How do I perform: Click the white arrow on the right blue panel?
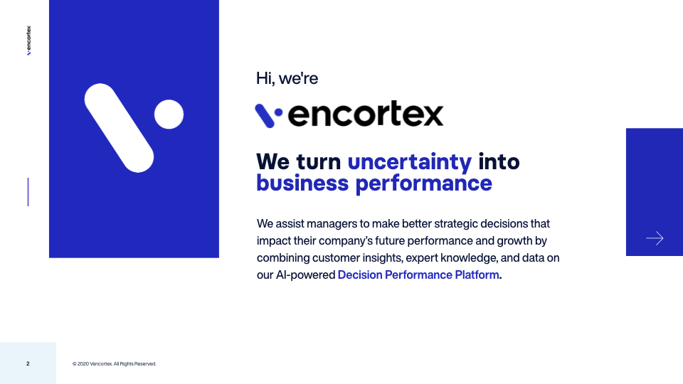tap(655, 238)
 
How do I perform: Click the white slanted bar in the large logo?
tap(119, 128)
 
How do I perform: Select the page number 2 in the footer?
tap(28, 364)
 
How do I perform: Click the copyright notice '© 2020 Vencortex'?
tap(114, 364)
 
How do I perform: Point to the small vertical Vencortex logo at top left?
tap(28, 41)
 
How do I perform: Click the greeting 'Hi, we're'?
tap(287, 79)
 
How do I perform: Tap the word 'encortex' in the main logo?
tap(366, 114)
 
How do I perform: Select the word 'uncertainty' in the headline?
tap(409, 161)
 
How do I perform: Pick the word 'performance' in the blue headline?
tap(423, 183)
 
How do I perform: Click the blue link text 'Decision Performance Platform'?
tap(418, 274)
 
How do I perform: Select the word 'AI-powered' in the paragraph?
tap(305, 274)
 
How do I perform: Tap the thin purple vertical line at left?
tap(28, 192)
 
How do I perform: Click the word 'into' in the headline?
tap(499, 161)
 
